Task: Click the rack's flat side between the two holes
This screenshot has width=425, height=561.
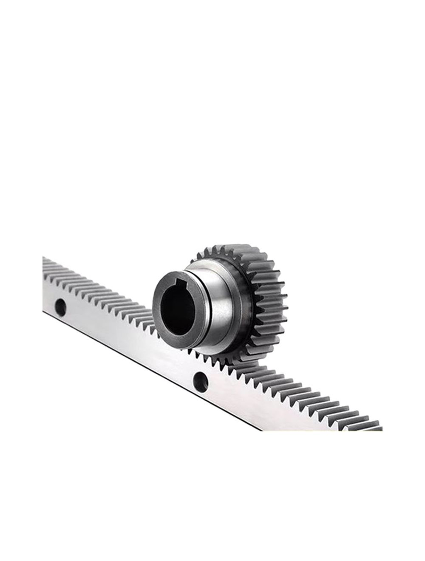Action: (127, 340)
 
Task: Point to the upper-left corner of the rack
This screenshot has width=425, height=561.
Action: (44, 258)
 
